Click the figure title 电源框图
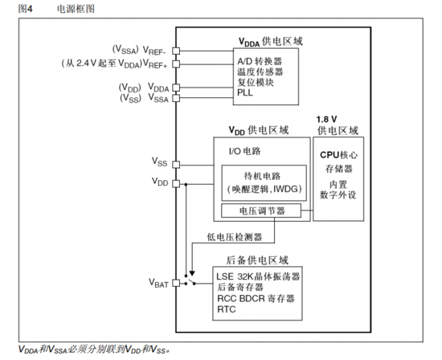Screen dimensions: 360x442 pyautogui.click(x=76, y=8)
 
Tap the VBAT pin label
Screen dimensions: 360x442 pyautogui.click(x=159, y=283)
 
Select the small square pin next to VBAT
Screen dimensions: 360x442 pyautogui.click(x=175, y=283)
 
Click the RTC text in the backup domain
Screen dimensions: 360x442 pyautogui.click(x=227, y=308)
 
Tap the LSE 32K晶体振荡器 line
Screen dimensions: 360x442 pyautogui.click(x=258, y=276)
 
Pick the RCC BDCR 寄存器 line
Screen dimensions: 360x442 pyautogui.click(x=257, y=297)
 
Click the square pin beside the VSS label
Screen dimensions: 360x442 pyautogui.click(x=175, y=162)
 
